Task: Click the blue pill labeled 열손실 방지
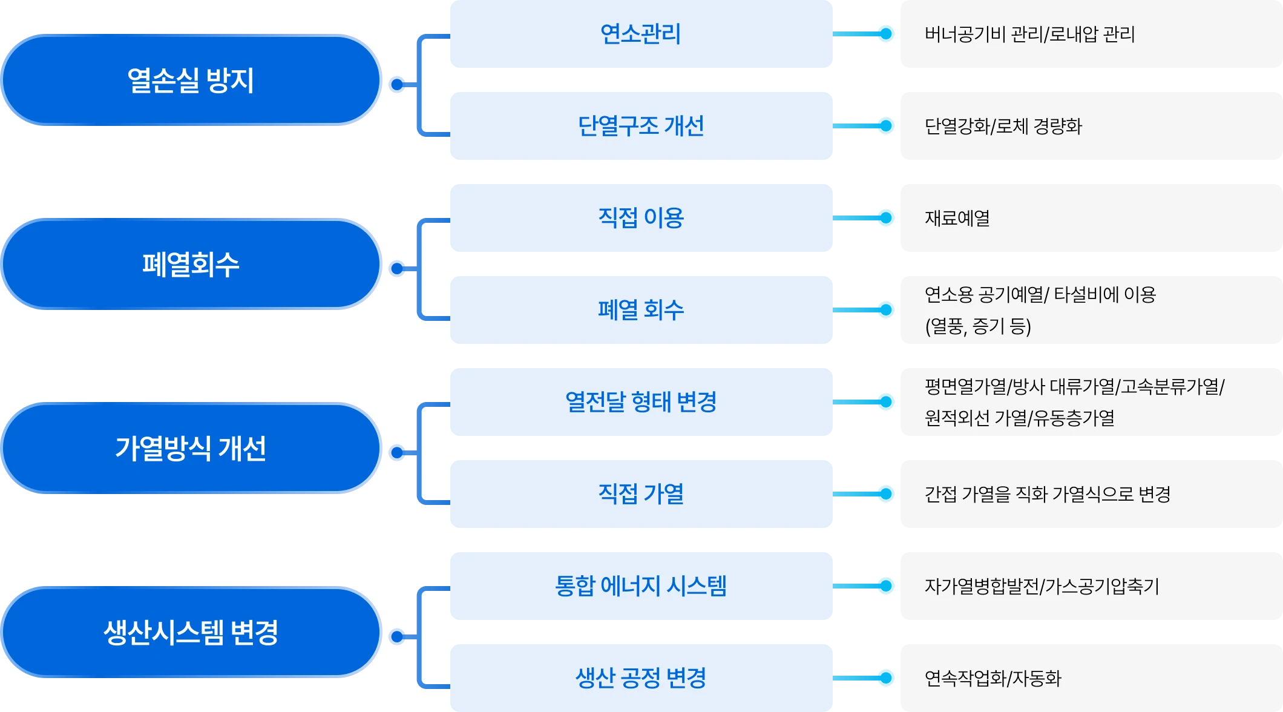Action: coord(191,81)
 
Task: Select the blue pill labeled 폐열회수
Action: coord(191,265)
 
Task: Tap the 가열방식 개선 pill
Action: coord(191,449)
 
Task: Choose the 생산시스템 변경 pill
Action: coord(191,633)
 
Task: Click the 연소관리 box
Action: coord(641,34)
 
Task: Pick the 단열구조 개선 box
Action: coord(641,126)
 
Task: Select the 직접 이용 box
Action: coord(641,218)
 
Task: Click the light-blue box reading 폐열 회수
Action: coord(641,310)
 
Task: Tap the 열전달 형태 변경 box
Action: coord(641,402)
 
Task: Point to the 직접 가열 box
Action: coord(641,494)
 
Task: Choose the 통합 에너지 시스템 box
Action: coord(641,586)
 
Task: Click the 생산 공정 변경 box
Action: coord(641,678)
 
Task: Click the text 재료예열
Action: coord(957,218)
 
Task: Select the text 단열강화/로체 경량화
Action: coord(1003,126)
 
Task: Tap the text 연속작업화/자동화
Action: coord(993,678)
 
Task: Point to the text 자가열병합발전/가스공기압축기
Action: coord(1042,586)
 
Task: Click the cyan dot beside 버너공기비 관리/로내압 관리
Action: coord(886,34)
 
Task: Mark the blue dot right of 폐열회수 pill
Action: coord(397,268)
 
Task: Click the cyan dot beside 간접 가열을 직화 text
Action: coord(886,494)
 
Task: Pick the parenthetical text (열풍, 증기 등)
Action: coord(977,326)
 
